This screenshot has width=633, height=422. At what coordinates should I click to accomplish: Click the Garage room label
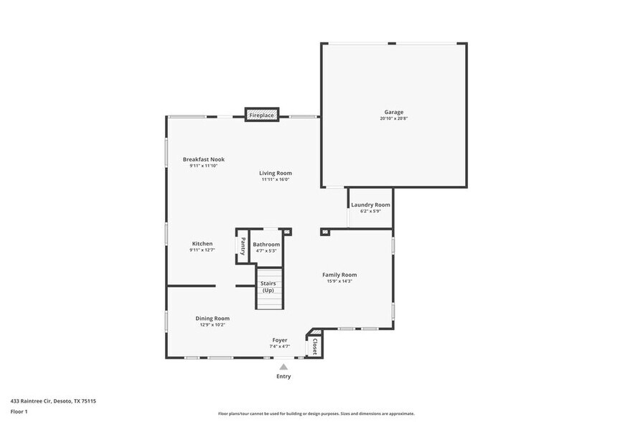(393, 112)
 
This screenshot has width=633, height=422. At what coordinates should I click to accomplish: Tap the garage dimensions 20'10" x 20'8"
(393, 118)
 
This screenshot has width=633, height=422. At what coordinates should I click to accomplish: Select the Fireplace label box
(261, 115)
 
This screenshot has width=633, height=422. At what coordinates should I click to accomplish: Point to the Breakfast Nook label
(203, 159)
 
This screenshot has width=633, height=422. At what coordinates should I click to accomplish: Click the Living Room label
(276, 173)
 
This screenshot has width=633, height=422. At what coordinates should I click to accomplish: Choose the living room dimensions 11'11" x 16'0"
(276, 179)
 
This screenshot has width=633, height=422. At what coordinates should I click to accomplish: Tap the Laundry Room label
(370, 205)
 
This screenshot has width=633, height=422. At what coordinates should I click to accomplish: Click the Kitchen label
(202, 244)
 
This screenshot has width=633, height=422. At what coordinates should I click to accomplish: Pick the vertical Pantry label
(243, 246)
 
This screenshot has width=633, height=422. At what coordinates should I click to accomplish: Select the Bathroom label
(266, 244)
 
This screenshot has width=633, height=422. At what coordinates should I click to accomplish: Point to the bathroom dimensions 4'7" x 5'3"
(266, 250)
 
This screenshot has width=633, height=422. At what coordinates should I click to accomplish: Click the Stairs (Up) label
(268, 286)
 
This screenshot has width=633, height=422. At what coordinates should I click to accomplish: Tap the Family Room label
(339, 275)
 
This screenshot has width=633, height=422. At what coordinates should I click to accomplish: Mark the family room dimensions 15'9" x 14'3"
(339, 281)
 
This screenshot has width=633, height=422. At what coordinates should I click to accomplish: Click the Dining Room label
(212, 318)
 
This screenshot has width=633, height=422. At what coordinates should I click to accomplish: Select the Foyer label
(279, 340)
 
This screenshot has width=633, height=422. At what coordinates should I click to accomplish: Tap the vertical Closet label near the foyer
(314, 347)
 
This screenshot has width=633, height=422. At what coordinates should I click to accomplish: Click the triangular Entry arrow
(283, 367)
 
